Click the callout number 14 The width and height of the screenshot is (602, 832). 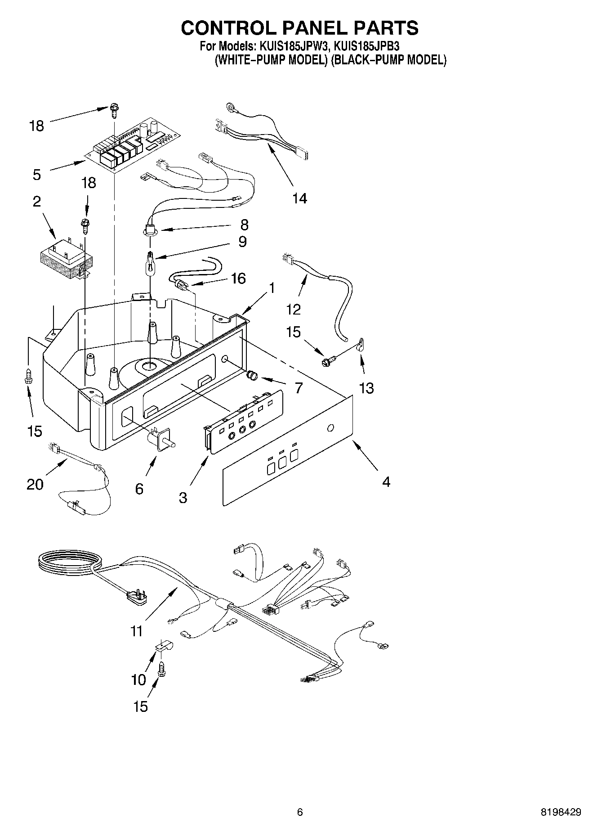click(299, 198)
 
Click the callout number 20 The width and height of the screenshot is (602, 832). click(35, 485)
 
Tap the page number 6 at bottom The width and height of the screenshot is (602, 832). click(300, 812)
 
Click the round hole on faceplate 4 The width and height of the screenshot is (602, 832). click(330, 428)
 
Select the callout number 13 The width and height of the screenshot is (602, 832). click(366, 387)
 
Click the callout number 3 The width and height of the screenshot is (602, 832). click(183, 498)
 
